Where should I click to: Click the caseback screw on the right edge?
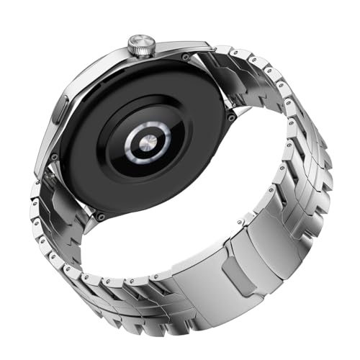pyautogui.click(x=229, y=116)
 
